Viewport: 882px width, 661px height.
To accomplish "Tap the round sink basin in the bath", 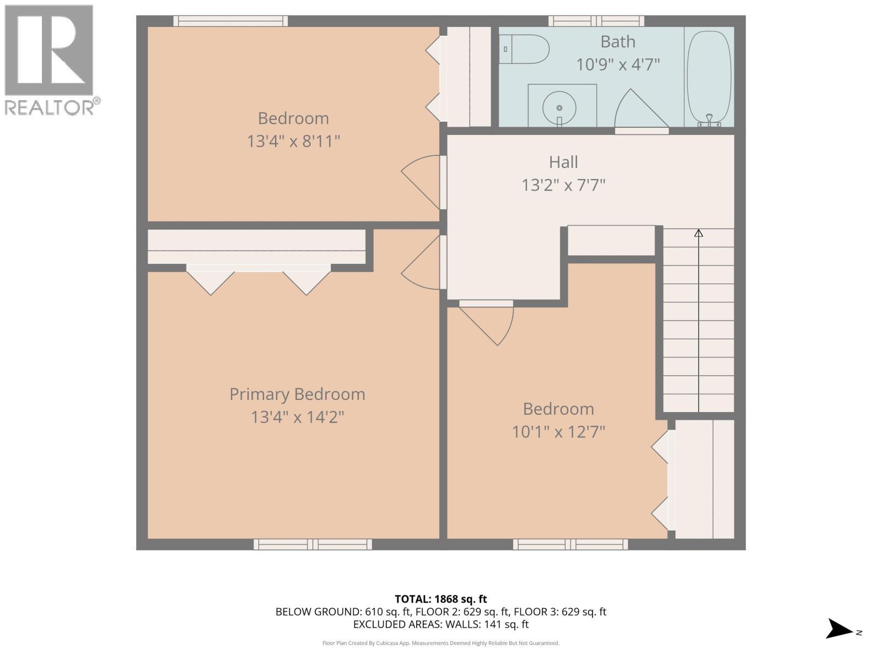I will [x=559, y=107].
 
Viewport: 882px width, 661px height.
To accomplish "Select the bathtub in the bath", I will [x=709, y=77].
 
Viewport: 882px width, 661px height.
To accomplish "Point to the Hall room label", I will [x=563, y=162].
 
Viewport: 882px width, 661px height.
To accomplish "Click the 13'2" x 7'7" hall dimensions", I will [x=563, y=185].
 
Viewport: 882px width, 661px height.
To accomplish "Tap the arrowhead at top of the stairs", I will [x=698, y=233].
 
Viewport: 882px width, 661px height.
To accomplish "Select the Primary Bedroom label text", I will [x=297, y=394].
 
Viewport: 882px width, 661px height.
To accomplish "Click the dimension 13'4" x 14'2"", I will [x=297, y=418].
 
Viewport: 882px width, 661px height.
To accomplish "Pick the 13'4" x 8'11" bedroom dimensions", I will [x=293, y=142].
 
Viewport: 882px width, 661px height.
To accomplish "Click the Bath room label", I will [x=617, y=42].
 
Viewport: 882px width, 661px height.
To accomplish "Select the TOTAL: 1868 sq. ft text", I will [x=441, y=599].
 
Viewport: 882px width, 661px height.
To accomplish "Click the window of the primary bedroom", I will [x=313, y=544].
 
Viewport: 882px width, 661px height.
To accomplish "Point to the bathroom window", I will [x=596, y=21].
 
